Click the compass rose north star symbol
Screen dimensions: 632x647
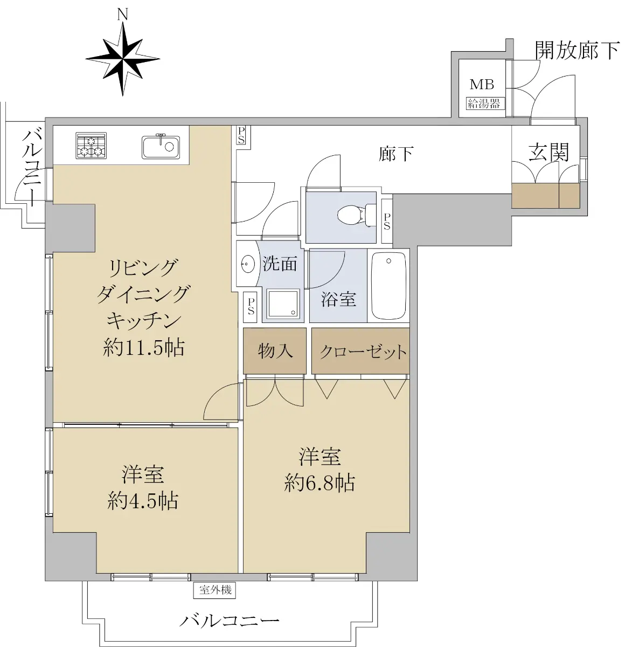[x=123, y=59]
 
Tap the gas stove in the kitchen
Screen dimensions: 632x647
[x=91, y=145]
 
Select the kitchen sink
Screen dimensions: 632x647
[x=161, y=146]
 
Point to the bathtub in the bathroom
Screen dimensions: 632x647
[x=388, y=286]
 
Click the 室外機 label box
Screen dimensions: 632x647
[x=214, y=590]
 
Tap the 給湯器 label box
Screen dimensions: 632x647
[x=484, y=104]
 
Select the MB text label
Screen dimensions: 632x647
[x=482, y=85]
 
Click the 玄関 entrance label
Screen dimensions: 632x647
[x=548, y=152]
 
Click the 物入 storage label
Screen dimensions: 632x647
[x=275, y=350]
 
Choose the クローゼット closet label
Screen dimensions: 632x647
[x=363, y=352]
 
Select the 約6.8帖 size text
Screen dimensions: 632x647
[x=320, y=483]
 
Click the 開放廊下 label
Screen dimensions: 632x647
[x=577, y=51]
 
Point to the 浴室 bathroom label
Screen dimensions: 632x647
[x=338, y=299]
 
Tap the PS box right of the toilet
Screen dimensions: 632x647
[x=387, y=221]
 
